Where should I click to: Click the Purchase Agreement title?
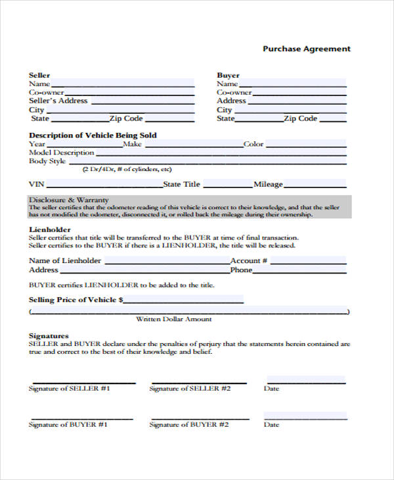(x=307, y=49)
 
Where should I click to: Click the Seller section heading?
(x=39, y=75)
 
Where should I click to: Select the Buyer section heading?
(x=229, y=75)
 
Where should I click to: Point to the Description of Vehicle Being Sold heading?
(x=93, y=135)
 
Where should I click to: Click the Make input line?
(x=192, y=144)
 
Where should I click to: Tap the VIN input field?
(x=104, y=184)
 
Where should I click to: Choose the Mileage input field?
(x=315, y=184)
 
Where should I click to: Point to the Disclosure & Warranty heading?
(x=69, y=200)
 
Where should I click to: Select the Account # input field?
(x=308, y=260)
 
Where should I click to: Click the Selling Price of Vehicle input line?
(x=184, y=300)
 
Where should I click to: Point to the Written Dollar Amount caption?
(x=173, y=319)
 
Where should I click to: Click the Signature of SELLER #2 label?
(x=190, y=389)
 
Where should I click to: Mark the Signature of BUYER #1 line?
(x=82, y=418)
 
